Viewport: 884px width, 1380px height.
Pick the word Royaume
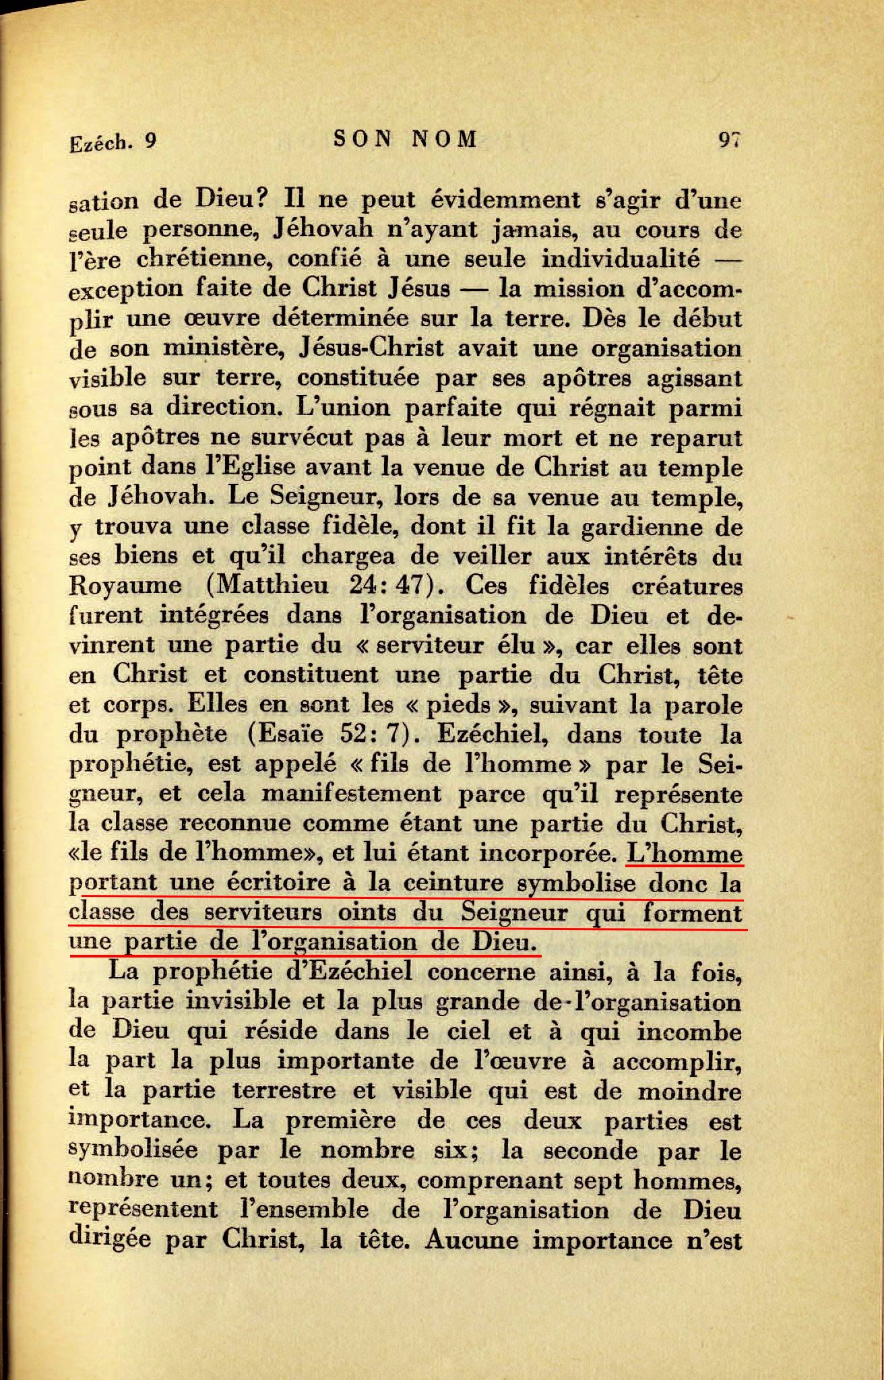[x=125, y=586]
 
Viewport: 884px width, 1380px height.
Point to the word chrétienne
[x=190, y=259]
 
